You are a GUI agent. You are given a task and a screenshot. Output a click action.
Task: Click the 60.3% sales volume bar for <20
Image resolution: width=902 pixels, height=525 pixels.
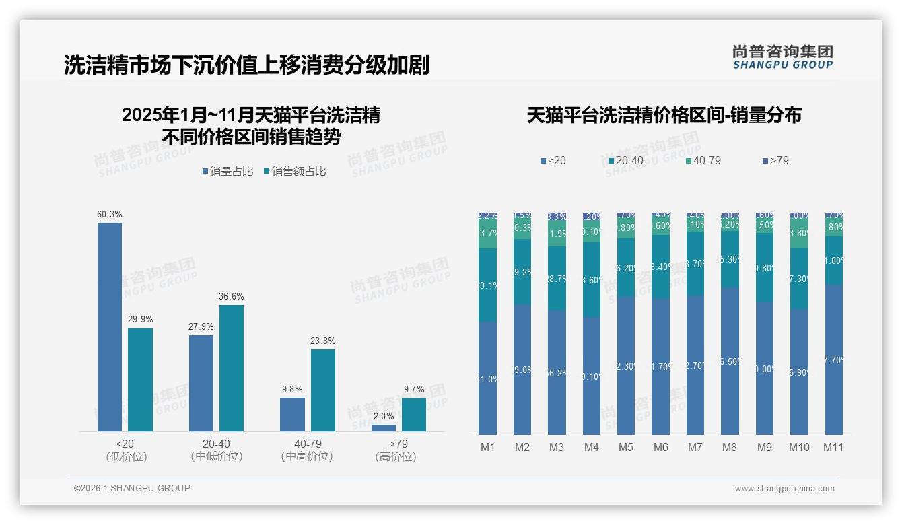tap(110, 327)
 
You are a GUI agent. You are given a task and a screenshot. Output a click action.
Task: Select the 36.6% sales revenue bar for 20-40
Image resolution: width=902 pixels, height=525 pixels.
tap(232, 368)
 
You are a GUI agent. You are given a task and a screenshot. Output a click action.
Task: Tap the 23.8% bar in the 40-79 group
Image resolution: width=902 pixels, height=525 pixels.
tap(322, 390)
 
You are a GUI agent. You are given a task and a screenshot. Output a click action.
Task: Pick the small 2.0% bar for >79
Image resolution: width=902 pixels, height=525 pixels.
tap(384, 428)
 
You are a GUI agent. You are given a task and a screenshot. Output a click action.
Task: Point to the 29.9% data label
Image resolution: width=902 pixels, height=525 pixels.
tap(140, 319)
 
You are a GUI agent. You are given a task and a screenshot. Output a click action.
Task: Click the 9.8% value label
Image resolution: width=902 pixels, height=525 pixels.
tap(292, 389)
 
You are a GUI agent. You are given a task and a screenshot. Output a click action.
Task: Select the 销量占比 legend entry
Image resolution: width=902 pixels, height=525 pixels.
tap(228, 172)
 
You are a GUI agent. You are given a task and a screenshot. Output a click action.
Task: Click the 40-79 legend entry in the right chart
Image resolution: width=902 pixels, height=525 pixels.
tap(703, 161)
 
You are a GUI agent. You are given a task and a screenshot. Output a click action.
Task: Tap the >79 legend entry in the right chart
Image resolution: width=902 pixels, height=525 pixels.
tap(775, 161)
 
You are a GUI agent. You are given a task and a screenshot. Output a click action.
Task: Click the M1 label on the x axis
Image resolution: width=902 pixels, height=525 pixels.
tap(487, 447)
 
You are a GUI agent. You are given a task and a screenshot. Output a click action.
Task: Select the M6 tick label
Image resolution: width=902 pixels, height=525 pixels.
tap(660, 447)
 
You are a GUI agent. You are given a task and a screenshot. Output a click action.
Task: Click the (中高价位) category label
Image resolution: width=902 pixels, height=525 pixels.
tap(307, 456)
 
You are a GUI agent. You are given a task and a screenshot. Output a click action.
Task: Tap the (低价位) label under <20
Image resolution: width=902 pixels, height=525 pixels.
tap(126, 456)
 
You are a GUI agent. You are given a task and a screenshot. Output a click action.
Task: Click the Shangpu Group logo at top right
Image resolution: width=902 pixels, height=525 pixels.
tap(782, 57)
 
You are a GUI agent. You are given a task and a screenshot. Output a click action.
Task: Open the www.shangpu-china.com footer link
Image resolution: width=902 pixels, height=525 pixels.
tap(784, 489)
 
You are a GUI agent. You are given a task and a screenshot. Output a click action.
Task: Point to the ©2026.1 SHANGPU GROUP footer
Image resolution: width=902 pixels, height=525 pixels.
tap(132, 488)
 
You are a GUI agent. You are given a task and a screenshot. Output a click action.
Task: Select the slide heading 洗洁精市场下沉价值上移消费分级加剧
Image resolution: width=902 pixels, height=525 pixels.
tap(246, 65)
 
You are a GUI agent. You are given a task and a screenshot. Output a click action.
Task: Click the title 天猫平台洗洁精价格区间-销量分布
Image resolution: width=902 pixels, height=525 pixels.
tap(664, 115)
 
